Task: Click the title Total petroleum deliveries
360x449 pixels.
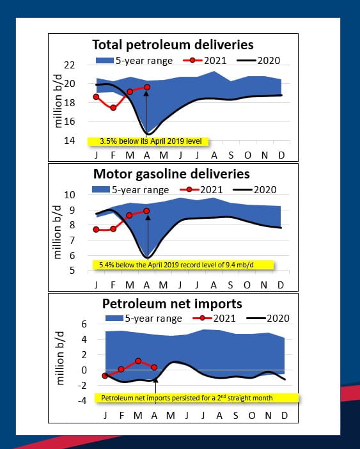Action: (173, 45)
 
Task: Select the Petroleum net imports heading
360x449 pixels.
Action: (172, 303)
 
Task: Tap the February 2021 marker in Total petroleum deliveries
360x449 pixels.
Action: (113, 107)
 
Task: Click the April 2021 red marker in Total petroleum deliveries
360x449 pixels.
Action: (146, 87)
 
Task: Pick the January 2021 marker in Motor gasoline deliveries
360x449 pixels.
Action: (97, 229)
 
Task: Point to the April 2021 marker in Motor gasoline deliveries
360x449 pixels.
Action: (146, 210)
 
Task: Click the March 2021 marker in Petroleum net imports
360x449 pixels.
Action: (138, 361)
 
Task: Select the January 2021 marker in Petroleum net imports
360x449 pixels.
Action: (105, 375)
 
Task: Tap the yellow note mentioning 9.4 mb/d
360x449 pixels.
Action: (183, 264)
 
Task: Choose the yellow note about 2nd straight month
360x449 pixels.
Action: (187, 398)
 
